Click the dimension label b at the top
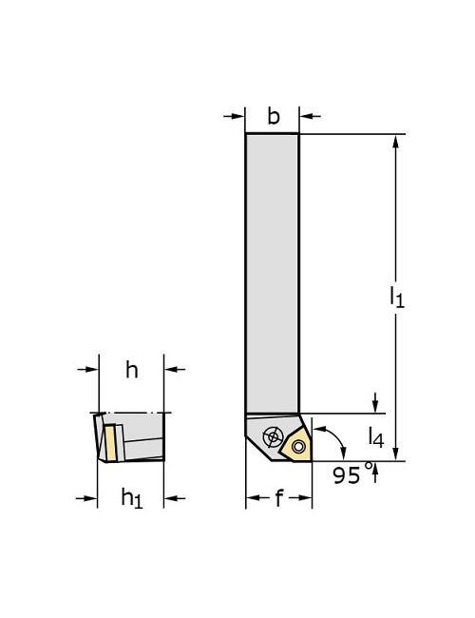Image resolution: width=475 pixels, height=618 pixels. [x=273, y=117]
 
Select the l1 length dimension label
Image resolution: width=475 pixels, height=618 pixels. [x=397, y=297]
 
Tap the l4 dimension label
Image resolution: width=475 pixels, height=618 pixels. [x=377, y=437]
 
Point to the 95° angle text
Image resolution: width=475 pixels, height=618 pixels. [x=348, y=474]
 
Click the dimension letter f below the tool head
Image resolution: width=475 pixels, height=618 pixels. [x=278, y=498]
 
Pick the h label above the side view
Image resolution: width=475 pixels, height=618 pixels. [x=132, y=370]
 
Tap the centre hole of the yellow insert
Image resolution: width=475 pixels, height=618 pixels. [x=298, y=447]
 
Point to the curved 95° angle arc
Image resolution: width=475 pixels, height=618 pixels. [x=333, y=439]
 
